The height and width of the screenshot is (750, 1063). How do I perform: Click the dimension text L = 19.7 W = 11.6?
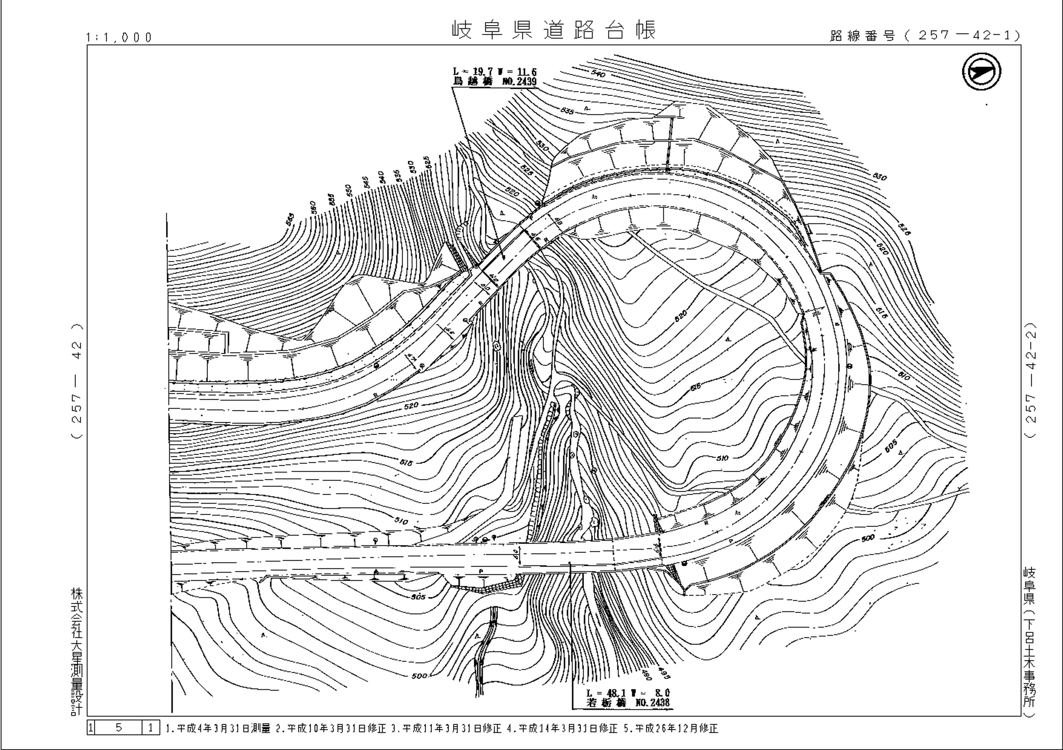[x=495, y=72]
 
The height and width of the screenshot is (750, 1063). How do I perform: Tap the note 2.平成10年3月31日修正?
[x=331, y=728]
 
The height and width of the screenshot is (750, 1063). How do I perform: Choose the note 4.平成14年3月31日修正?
[x=563, y=728]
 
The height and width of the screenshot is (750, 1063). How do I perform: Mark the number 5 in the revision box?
[x=118, y=727]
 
